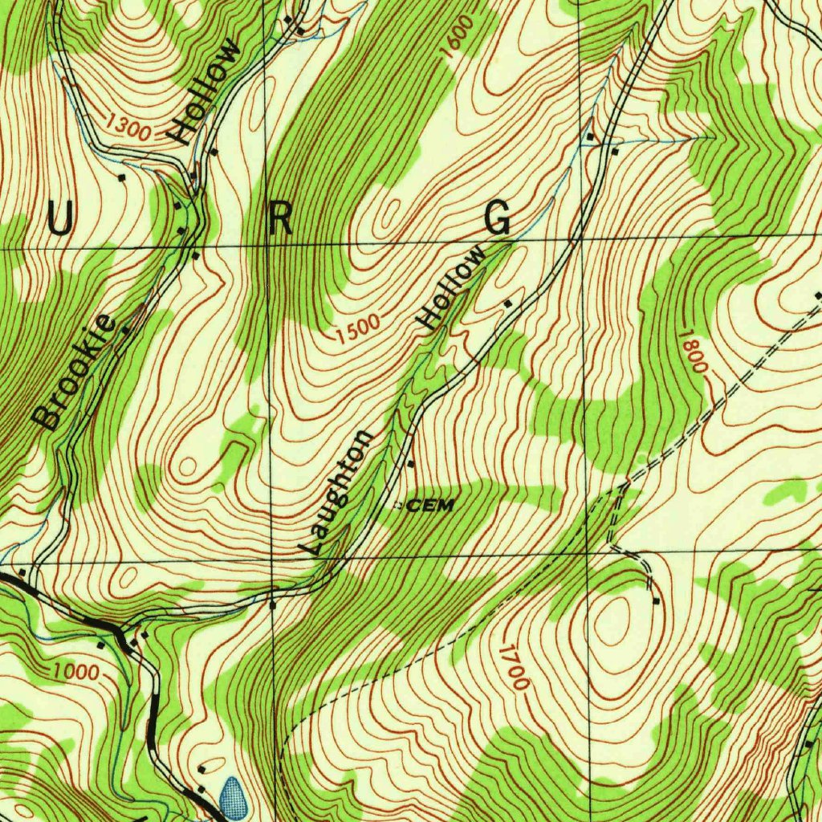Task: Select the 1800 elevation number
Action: [692, 351]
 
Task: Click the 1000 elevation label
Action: [76, 671]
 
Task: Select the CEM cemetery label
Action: [431, 505]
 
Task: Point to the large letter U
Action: [59, 219]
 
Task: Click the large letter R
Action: [280, 219]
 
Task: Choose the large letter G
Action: [498, 218]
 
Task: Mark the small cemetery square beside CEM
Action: [398, 506]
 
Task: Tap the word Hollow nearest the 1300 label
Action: [209, 91]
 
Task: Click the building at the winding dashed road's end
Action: [657, 600]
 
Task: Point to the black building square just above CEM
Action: [411, 464]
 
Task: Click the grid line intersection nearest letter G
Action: [583, 238]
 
